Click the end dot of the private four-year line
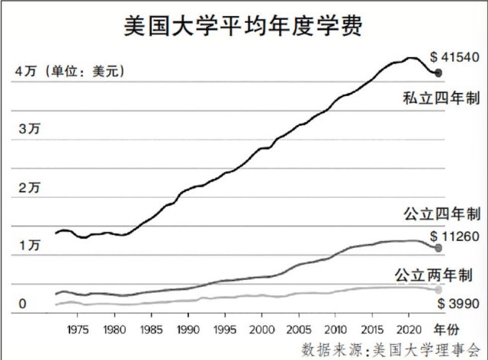[x=438, y=73]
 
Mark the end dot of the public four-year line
[x=438, y=249]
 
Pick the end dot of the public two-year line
[x=438, y=290]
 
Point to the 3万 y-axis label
[x=28, y=130]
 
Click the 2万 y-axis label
[x=28, y=188]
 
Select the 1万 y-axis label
[x=28, y=246]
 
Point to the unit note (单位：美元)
[x=85, y=72]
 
